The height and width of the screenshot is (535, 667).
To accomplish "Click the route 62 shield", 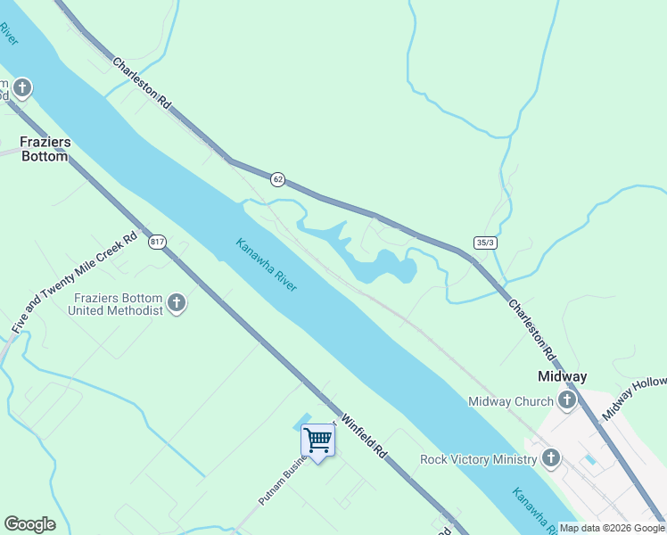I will coord(278,179).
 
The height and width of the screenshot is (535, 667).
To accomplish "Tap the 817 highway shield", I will coord(158,242).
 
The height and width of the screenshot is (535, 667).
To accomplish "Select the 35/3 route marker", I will coord(485,243).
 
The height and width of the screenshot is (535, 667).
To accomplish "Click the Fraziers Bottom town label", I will coord(45,149).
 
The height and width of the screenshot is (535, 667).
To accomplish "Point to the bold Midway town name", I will coord(563,376).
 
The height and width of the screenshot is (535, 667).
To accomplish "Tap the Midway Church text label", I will coord(511,401).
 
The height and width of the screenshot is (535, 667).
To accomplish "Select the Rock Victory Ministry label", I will coord(479,459).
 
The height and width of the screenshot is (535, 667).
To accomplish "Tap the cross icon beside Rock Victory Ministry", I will coord(551,459).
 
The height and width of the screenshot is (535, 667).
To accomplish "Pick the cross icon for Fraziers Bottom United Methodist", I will coord(177,304).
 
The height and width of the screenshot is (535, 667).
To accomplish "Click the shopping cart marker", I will coord(317,440).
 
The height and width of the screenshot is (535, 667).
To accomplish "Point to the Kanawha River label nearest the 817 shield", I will coord(266,264).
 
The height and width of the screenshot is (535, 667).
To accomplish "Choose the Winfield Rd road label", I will coord(366,439).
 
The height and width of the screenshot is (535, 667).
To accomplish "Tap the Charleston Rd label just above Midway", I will coord(531,329).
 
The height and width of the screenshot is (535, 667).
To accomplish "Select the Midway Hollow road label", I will coord(634,399).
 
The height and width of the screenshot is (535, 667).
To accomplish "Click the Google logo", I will coord(29,524).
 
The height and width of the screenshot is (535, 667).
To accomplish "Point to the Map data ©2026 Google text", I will coord(612,528).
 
